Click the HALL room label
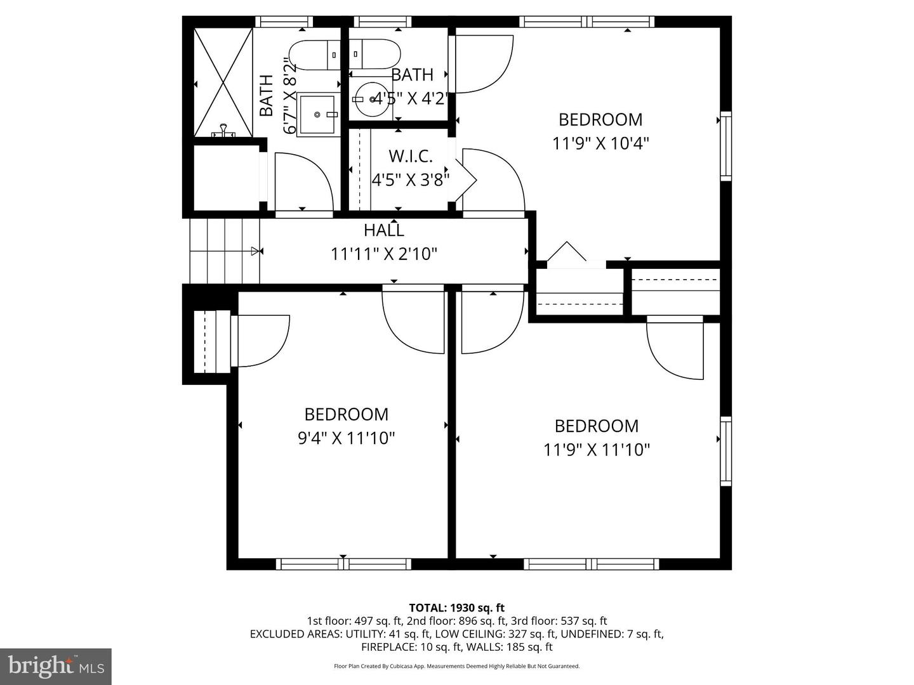click(x=383, y=230)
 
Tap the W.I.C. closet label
click(x=411, y=156)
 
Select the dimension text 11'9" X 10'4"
click(x=600, y=143)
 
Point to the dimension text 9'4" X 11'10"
click(x=346, y=438)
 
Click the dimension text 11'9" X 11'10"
click(x=597, y=450)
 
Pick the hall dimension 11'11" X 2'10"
click(x=383, y=254)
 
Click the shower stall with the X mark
click(x=223, y=82)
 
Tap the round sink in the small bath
click(x=372, y=100)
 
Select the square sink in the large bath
click(x=317, y=115)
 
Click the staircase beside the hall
click(x=225, y=251)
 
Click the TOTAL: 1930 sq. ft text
click(x=456, y=608)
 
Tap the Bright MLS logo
click(x=56, y=666)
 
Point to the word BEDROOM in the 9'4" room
click(x=346, y=414)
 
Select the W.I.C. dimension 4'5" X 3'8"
click(x=411, y=180)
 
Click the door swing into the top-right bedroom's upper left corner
click(x=482, y=63)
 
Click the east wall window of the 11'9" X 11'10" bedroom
click(x=725, y=451)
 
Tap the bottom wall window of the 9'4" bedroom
click(x=343, y=564)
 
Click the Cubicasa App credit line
click(x=456, y=666)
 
